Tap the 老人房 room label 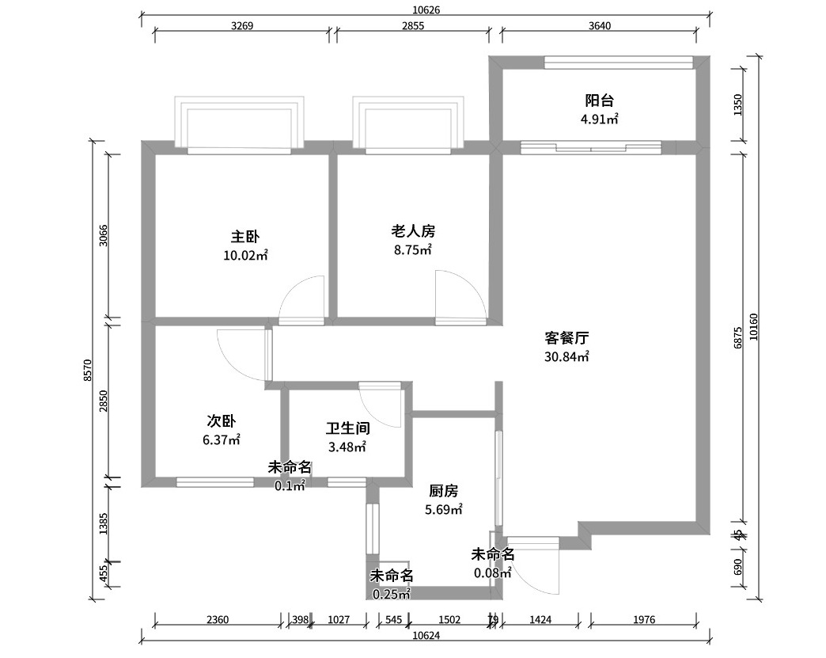tap(413, 231)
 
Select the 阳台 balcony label tap(599, 101)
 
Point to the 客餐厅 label tap(567, 337)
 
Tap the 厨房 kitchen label tap(444, 491)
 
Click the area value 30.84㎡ tap(567, 356)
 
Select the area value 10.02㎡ tap(245, 255)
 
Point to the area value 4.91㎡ tap(599, 120)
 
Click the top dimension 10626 tap(426, 10)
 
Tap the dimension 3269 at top tap(242, 25)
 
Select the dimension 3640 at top tap(600, 25)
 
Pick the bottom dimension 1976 tap(644, 620)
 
